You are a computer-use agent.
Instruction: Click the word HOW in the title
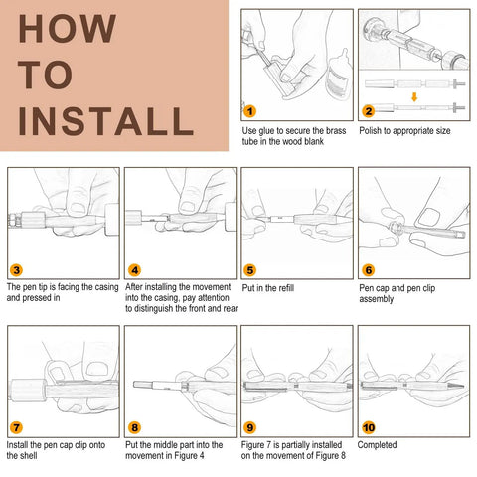tap(68, 29)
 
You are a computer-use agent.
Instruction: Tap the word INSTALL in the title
tap(105, 121)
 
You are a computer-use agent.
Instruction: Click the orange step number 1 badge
tap(250, 111)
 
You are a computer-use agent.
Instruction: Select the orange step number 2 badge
tap(369, 111)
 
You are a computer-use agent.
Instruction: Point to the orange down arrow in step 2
tap(414, 97)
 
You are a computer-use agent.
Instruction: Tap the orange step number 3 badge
tap(16, 270)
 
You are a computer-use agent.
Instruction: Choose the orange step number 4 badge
tap(134, 270)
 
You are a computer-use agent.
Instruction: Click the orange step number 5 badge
tap(250, 270)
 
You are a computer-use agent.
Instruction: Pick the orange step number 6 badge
tap(369, 270)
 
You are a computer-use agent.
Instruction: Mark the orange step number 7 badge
tap(16, 427)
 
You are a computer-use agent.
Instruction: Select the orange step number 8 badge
tap(134, 427)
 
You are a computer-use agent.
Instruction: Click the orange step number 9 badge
tap(250, 427)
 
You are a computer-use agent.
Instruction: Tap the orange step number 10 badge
tap(369, 427)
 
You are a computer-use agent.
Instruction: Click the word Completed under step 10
tap(377, 445)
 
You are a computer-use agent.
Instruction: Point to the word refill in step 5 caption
tap(286, 287)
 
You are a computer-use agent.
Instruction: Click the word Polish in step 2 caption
tap(371, 130)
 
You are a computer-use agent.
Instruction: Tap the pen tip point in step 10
tap(463, 386)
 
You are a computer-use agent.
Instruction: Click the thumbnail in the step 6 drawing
tap(428, 218)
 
